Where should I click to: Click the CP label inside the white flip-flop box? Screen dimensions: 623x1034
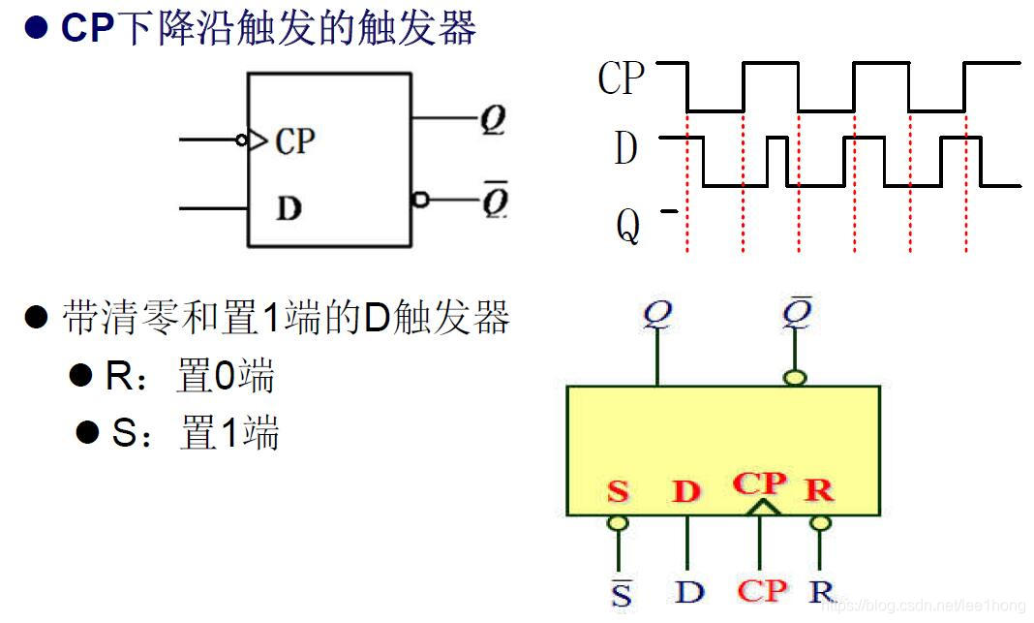[295, 141]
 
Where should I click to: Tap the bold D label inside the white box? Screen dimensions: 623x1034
[289, 208]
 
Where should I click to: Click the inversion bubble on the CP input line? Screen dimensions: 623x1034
[241, 140]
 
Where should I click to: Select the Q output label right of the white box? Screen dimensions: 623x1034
[493, 120]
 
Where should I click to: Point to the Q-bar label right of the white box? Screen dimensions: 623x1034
[495, 202]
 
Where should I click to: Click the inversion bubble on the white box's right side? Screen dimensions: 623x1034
[420, 200]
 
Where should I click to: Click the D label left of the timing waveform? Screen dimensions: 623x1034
[625, 150]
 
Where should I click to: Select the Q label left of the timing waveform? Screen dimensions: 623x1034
[627, 227]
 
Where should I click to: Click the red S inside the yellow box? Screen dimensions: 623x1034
[618, 491]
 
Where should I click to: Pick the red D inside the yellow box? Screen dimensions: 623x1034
[685, 491]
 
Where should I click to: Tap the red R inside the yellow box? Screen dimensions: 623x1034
[819, 490]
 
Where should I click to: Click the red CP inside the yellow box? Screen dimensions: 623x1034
[760, 482]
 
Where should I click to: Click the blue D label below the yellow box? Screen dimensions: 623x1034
[688, 591]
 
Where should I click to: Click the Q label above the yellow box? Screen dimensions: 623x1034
[658, 315]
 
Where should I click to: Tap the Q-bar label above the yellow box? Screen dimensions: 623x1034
[796, 313]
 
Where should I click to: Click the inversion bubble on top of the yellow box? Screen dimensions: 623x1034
[796, 377]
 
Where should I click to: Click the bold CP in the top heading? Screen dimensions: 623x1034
[88, 28]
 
